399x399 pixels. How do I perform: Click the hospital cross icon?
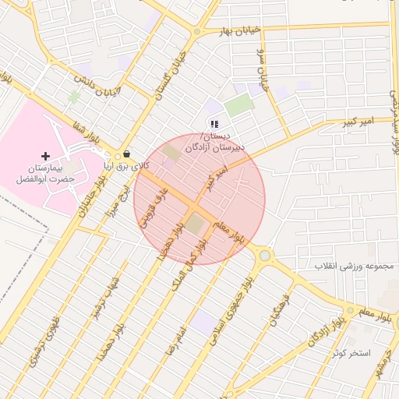click(x=45, y=157)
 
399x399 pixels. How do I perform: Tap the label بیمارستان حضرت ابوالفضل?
click(x=45, y=173)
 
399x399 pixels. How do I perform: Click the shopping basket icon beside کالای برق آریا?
click(x=126, y=154)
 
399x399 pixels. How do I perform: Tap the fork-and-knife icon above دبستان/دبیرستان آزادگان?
click(x=214, y=124)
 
